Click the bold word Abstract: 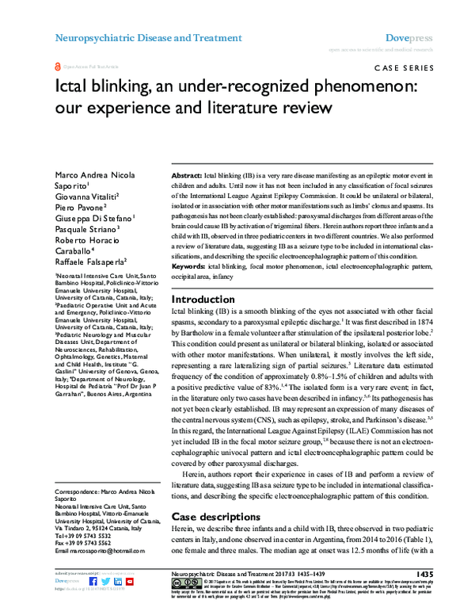point(187,174)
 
